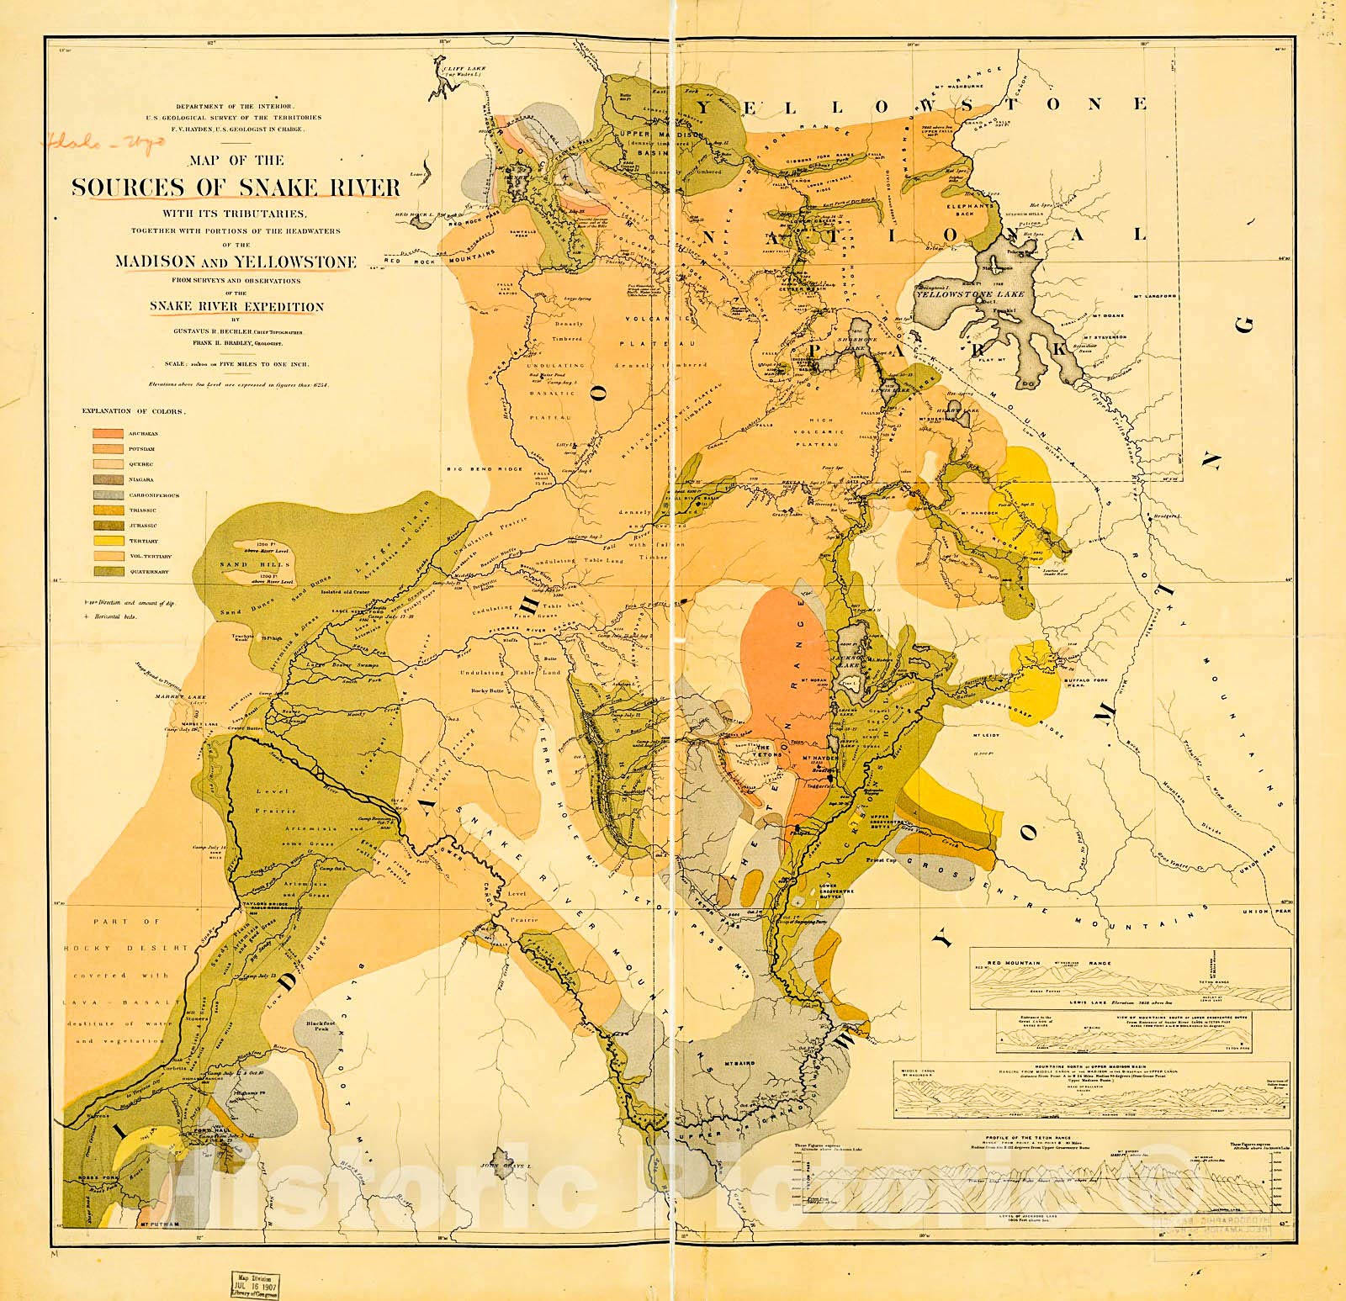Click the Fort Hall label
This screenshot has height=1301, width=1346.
(213, 1132)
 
